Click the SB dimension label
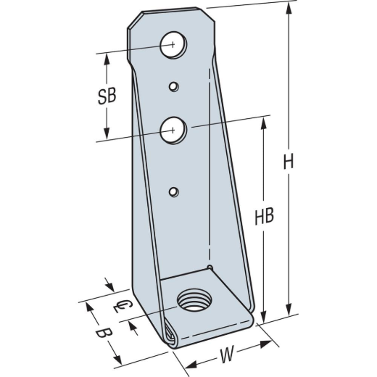107,96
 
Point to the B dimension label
104,334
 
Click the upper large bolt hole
173,44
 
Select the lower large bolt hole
173,130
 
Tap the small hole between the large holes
173,87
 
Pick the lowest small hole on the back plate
173,191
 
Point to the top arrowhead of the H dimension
289,9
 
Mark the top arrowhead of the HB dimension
264,124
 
